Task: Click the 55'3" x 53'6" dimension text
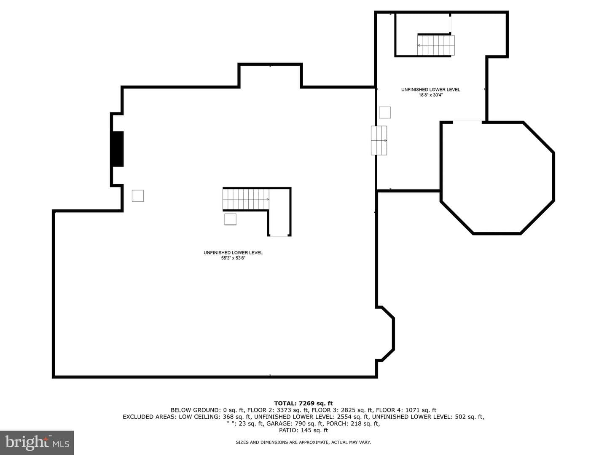(233, 258)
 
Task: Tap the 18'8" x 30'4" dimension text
(430, 95)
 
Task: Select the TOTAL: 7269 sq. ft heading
(303, 403)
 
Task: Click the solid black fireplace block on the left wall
(117, 149)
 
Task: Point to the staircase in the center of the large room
(246, 199)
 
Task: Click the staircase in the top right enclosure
(436, 45)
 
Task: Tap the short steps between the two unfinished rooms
(379, 140)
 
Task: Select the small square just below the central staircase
(230, 219)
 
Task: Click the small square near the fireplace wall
(138, 196)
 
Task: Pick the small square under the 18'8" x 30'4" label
(385, 112)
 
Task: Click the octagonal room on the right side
(497, 178)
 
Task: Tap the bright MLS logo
(37, 442)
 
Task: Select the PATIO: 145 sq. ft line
(303, 430)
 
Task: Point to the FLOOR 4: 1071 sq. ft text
(406, 410)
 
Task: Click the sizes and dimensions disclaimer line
(303, 442)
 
